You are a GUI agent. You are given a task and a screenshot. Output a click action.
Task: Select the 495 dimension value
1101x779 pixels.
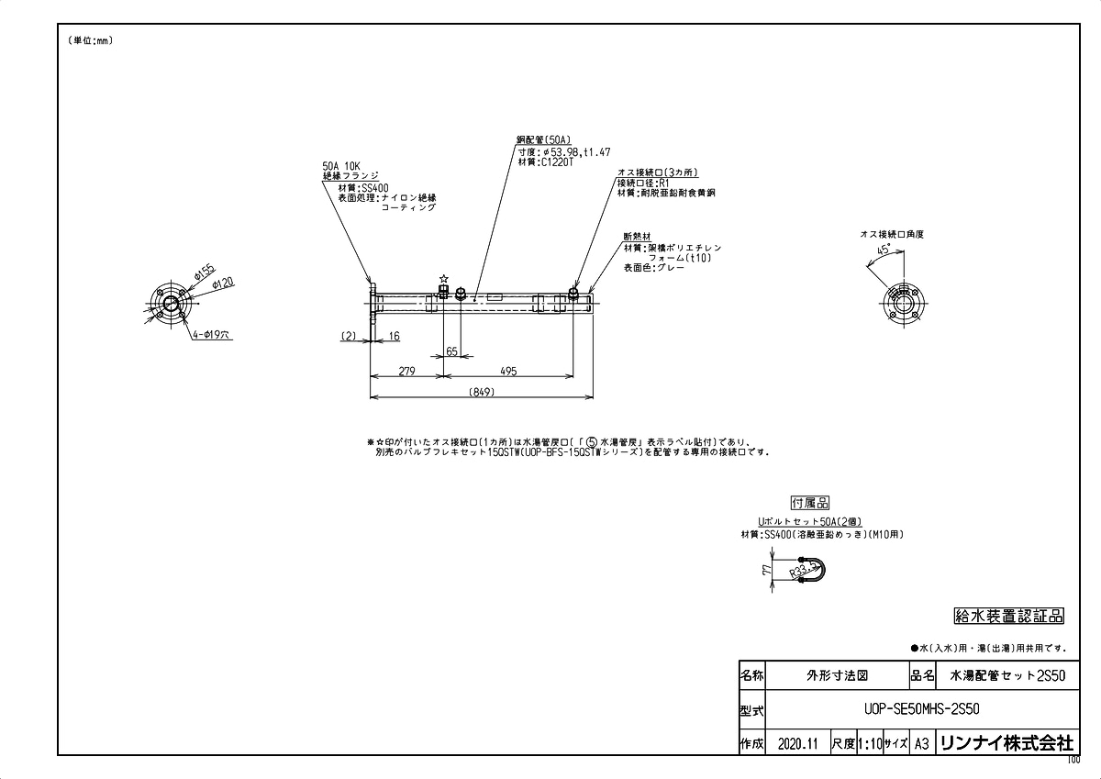(509, 372)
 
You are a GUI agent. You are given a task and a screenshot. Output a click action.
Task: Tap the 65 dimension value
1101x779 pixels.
(452, 351)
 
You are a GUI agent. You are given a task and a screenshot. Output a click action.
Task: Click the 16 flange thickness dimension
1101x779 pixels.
(394, 337)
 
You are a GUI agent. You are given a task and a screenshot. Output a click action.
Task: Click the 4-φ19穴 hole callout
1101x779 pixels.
(212, 337)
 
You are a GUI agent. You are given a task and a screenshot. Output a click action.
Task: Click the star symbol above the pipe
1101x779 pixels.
(444, 278)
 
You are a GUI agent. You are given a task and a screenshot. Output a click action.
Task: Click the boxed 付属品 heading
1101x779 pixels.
(809, 503)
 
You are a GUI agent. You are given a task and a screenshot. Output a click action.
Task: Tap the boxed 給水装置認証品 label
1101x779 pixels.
(1009, 616)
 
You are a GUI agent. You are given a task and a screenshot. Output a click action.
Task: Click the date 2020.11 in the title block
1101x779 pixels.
(796, 743)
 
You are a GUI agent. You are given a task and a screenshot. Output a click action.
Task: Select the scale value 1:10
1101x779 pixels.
(869, 743)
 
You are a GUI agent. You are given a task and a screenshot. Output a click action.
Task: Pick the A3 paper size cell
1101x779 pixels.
(922, 743)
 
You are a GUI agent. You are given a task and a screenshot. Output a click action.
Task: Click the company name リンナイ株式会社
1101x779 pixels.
(1006, 743)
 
